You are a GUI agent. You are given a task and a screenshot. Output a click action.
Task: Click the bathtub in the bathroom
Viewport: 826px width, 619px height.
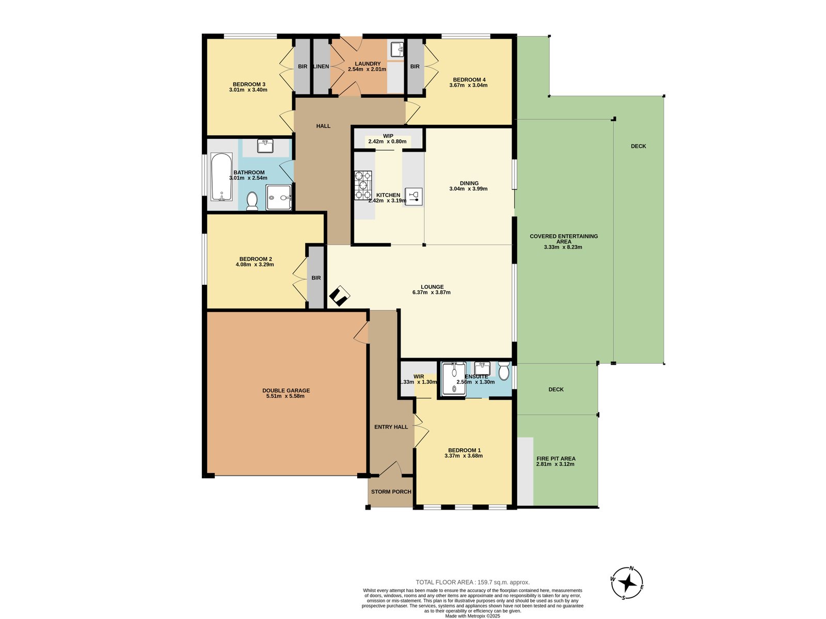click(x=221, y=176)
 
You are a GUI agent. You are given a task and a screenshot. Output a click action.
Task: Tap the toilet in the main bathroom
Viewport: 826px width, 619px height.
click(x=251, y=201)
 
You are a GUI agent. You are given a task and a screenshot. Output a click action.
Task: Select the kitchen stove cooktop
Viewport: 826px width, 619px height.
click(x=363, y=185)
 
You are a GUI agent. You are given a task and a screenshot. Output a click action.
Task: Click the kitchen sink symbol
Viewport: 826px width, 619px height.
click(x=413, y=197)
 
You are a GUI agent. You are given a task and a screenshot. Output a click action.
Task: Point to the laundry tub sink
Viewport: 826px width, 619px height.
click(x=396, y=49)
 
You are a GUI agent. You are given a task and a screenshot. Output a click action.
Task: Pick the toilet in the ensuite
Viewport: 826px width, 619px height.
click(x=503, y=371)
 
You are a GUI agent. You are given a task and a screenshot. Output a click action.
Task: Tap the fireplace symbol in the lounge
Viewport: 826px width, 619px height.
click(x=339, y=296)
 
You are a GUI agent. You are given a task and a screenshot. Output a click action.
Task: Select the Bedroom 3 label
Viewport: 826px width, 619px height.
click(x=249, y=84)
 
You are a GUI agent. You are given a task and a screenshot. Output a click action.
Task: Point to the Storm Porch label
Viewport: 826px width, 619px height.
click(x=391, y=492)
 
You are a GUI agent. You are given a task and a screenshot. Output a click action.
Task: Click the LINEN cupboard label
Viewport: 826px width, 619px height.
click(x=322, y=67)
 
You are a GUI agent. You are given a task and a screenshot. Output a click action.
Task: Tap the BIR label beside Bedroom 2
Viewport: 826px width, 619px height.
click(x=316, y=278)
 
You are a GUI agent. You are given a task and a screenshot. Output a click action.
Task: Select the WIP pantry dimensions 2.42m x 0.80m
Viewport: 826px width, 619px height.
click(x=387, y=142)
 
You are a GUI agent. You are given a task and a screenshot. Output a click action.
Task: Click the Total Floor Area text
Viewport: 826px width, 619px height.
click(x=472, y=582)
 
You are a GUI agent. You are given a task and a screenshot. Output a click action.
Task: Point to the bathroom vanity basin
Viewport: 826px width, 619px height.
click(x=265, y=146)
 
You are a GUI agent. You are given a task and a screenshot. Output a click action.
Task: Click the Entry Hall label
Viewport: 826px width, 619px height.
click(x=391, y=427)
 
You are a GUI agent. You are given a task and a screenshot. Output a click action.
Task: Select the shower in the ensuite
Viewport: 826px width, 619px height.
click(x=454, y=379)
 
